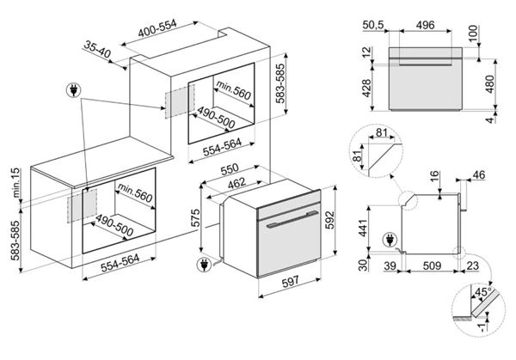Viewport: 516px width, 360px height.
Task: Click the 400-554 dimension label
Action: (x=157, y=28)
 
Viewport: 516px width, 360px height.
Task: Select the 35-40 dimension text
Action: (x=97, y=50)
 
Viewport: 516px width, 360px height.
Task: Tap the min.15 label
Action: (x=15, y=183)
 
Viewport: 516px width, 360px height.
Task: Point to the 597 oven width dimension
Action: (x=291, y=282)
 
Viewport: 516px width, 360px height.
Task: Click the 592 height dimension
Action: (x=329, y=220)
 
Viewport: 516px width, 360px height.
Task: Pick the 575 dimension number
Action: (x=195, y=217)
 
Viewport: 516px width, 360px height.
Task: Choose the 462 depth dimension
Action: (x=237, y=184)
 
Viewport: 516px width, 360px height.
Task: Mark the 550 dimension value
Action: (x=230, y=169)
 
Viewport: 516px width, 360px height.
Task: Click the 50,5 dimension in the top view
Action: (x=373, y=25)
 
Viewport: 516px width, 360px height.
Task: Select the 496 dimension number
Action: (x=425, y=25)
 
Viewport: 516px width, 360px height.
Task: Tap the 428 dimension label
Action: (x=366, y=88)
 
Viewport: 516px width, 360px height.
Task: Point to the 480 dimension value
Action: (x=490, y=84)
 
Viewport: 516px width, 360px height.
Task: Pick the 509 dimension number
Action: (x=432, y=265)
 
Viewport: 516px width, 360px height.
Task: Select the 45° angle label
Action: (x=483, y=292)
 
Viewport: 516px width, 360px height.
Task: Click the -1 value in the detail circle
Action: (x=482, y=327)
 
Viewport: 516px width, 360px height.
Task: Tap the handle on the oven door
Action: (x=292, y=219)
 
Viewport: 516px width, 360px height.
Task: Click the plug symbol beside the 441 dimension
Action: (x=390, y=240)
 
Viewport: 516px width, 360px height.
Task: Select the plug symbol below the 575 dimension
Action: (x=204, y=264)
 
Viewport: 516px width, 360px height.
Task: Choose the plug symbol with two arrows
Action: (x=74, y=89)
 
